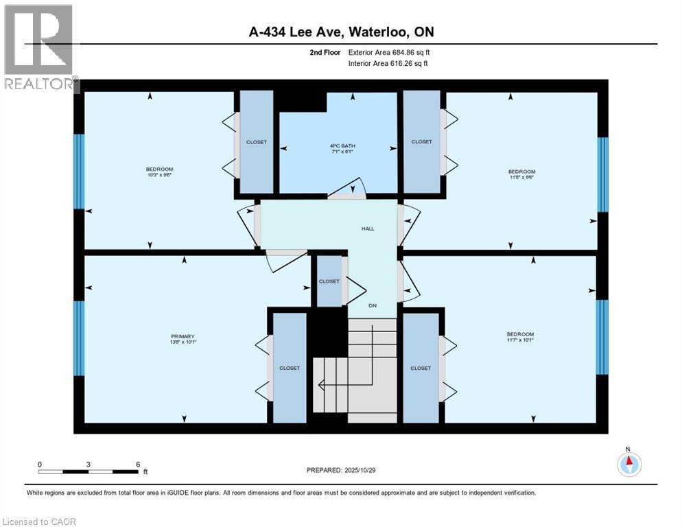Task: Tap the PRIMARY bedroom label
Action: (183, 336)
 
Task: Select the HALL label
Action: (368, 229)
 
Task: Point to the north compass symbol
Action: (629, 465)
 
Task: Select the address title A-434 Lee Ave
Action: (341, 32)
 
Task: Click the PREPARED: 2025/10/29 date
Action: (341, 470)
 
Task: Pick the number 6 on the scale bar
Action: (138, 464)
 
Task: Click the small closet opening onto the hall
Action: (329, 281)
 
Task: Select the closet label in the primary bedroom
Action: (290, 368)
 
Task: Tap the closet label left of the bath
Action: (256, 142)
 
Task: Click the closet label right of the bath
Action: (421, 142)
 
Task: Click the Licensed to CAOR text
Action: (38, 522)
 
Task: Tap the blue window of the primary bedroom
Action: (79, 338)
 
